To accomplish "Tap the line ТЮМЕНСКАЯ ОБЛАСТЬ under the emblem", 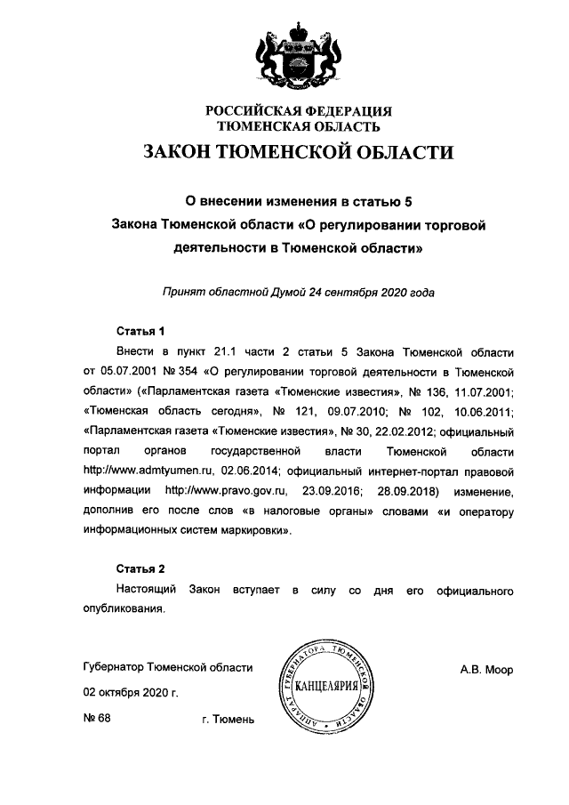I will pyautogui.click(x=299, y=127).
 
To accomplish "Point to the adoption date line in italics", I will pyautogui.click(x=299, y=291).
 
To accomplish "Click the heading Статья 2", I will pyautogui.click(x=140, y=568).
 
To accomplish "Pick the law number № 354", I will pyautogui.click(x=181, y=371).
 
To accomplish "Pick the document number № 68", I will pyautogui.click(x=96, y=717).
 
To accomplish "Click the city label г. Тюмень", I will pyautogui.click(x=228, y=718).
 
